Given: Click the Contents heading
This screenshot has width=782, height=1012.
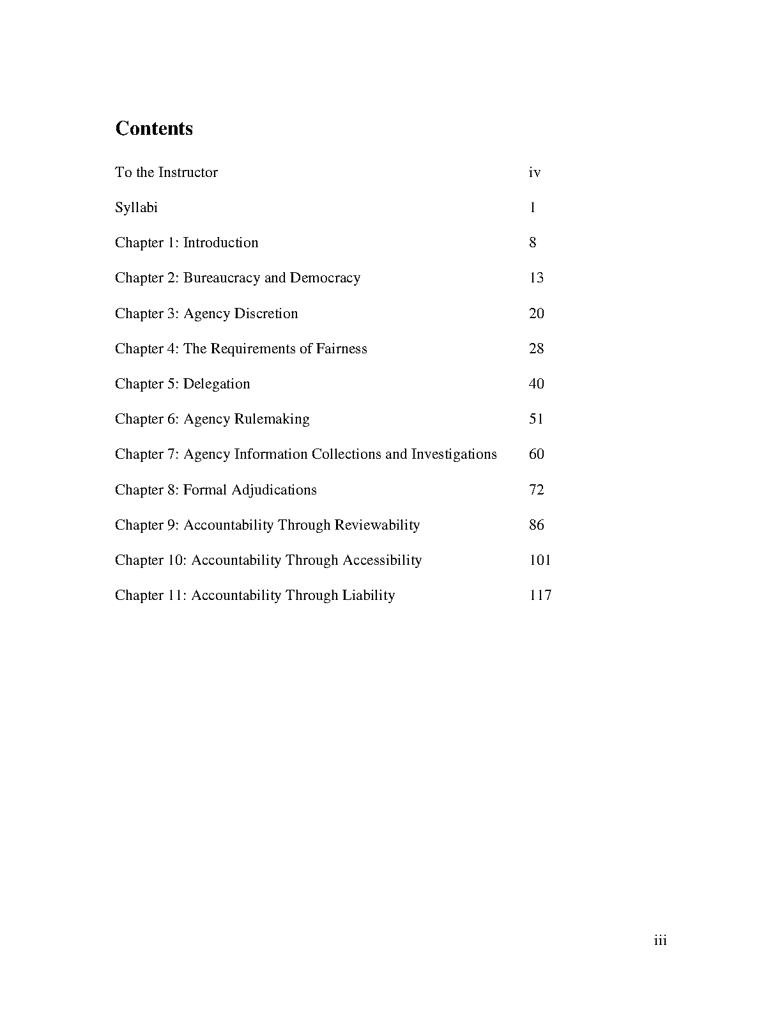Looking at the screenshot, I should pyautogui.click(x=154, y=128).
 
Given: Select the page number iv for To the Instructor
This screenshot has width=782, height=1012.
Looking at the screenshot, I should pyautogui.click(x=535, y=172).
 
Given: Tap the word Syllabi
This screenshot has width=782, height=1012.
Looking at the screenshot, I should pyautogui.click(x=136, y=208).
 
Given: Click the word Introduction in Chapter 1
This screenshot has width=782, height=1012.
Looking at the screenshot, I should pyautogui.click(x=220, y=243).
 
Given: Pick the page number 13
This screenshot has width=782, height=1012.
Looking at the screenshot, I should pyautogui.click(x=536, y=278).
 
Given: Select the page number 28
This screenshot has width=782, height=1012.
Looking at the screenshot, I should pyautogui.click(x=536, y=349).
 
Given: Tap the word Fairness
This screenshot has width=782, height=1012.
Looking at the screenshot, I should pyautogui.click(x=341, y=349).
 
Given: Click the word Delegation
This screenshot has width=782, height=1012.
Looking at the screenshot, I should pyautogui.click(x=217, y=384).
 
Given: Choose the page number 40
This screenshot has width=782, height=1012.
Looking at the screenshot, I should pyautogui.click(x=536, y=384).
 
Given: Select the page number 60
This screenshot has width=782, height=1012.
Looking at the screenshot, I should pyautogui.click(x=536, y=454).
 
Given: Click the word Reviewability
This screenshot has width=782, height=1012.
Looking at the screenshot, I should pyautogui.click(x=373, y=525).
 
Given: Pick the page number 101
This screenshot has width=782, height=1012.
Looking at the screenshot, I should pyautogui.click(x=540, y=560).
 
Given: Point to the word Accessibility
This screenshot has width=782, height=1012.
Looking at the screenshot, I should pyautogui.click(x=382, y=560).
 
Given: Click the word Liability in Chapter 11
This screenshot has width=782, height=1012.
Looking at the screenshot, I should pyautogui.click(x=369, y=595).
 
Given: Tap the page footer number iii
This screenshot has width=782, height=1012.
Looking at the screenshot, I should pyautogui.click(x=661, y=940).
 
